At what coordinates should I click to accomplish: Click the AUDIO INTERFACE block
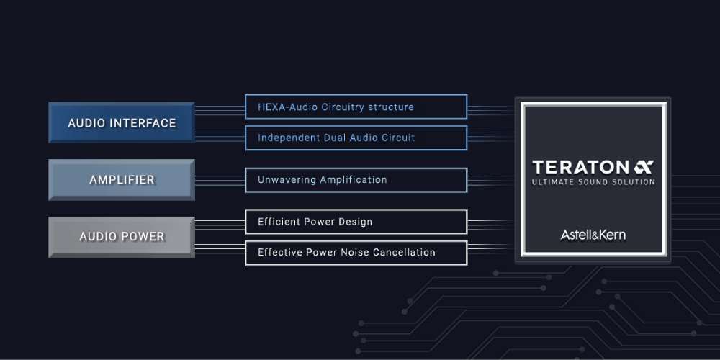122,123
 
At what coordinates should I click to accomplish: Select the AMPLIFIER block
122,179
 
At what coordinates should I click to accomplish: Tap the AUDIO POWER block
122,236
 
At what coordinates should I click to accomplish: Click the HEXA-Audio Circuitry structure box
356,107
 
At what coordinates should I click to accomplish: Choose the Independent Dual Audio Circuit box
356,138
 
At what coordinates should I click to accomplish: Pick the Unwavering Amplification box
356,180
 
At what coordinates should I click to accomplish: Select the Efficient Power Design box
356,222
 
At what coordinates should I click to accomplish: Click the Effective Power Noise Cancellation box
356,253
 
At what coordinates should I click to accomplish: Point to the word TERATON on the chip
580,166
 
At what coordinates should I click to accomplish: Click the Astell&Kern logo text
593,235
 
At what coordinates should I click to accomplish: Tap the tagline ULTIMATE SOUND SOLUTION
593,182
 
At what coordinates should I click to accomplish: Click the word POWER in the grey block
143,236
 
